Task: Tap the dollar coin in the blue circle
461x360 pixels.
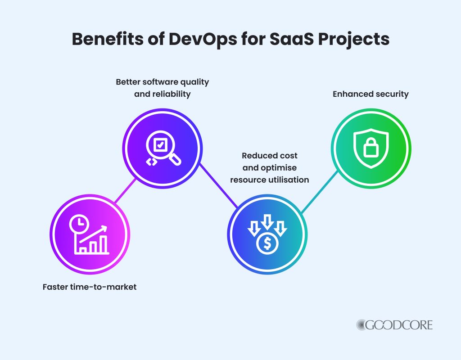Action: pos(267,243)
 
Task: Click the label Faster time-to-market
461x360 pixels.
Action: pos(90,286)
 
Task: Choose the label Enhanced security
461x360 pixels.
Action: pos(371,94)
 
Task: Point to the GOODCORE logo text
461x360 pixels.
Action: pos(395,325)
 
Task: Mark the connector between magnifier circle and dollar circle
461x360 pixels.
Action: pos(219,185)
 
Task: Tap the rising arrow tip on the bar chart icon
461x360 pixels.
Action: pos(106,227)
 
